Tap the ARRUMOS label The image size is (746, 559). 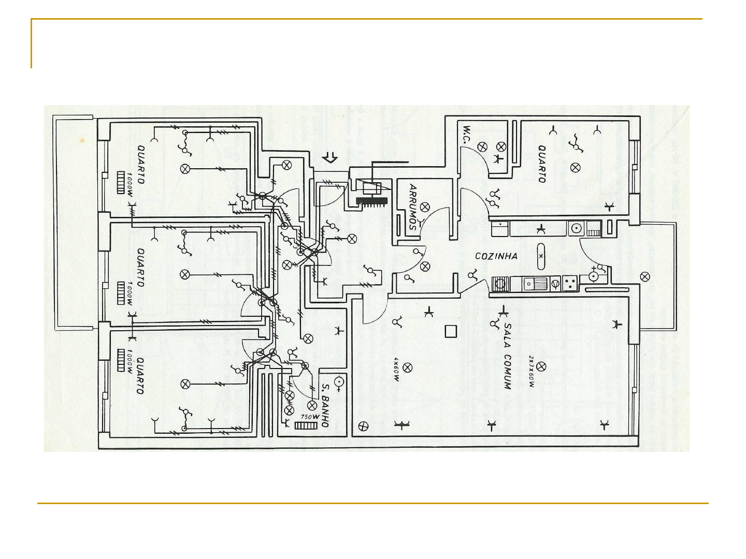coord(413,207)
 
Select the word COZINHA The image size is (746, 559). coord(496,256)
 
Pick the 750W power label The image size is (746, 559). coord(310,416)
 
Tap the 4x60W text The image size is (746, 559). coord(396,369)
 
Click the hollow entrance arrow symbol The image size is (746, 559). coord(329,157)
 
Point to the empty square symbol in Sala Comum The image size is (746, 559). coord(451,331)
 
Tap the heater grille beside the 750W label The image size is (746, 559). coord(306,425)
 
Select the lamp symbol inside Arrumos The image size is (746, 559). coord(425,207)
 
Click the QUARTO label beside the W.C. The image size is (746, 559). coord(542,164)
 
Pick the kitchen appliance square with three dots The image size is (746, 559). coord(570,283)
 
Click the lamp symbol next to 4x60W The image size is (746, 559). coord(408,367)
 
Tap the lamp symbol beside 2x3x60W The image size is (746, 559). coord(541,366)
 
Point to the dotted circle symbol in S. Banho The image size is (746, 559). coord(339,383)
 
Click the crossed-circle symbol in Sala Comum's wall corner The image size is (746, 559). coord(364,426)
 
